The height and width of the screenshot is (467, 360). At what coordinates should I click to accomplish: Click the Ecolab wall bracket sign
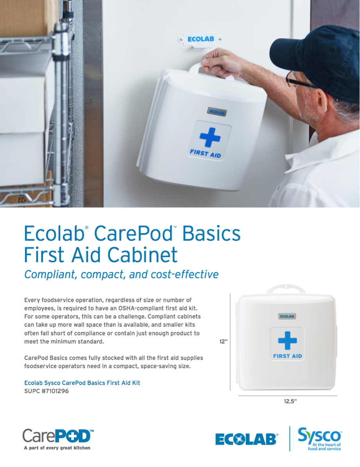click(200, 39)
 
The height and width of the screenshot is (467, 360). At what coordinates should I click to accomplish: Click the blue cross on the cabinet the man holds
click(210, 137)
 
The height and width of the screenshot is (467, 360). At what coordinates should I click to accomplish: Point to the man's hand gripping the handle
click(219, 63)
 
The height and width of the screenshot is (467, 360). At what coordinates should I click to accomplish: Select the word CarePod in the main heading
click(134, 233)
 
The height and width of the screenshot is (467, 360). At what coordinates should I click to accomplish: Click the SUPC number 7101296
click(47, 391)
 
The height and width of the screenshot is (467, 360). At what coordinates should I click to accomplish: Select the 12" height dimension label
click(223, 341)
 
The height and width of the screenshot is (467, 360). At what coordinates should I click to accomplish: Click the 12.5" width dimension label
click(290, 401)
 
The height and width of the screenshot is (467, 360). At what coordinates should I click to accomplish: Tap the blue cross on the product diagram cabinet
click(287, 340)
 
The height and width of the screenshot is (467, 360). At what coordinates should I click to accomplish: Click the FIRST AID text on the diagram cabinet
click(288, 356)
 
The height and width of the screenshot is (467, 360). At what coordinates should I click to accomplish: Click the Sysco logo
click(320, 439)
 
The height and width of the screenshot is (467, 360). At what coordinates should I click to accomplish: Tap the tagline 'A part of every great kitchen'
click(57, 447)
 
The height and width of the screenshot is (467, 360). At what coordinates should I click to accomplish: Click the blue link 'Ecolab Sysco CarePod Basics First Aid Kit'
click(82, 383)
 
